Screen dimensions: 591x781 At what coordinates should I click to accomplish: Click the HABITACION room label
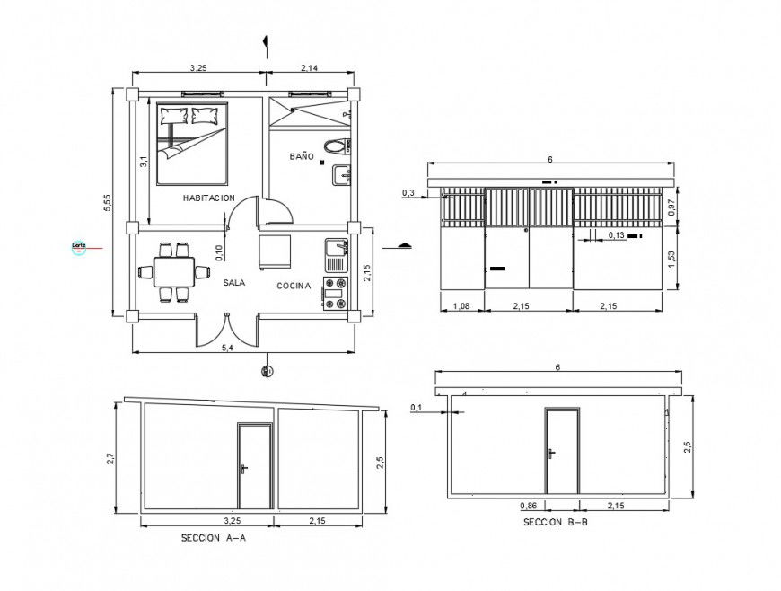208,198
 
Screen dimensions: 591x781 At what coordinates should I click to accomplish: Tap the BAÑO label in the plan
302,156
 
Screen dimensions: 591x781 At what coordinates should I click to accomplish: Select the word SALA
234,282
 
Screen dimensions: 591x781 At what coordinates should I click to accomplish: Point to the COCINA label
294,287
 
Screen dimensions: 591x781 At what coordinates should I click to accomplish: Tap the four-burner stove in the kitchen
335,294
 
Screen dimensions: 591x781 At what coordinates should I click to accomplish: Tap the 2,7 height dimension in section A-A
110,459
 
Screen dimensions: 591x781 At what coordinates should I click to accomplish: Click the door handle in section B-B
551,452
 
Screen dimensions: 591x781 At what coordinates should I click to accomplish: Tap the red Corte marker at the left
79,245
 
